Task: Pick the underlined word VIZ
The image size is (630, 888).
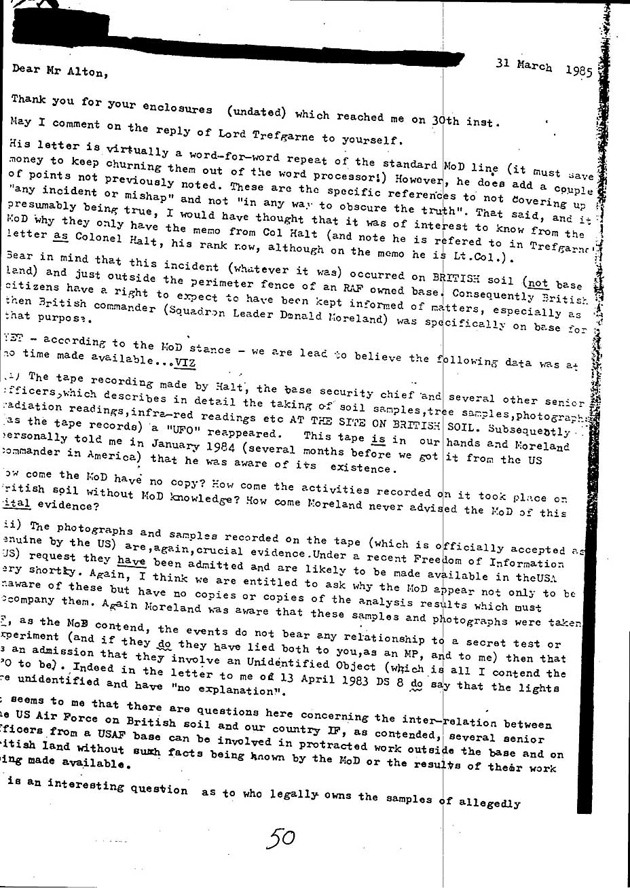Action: [183, 362]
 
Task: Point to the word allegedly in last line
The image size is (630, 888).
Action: [488, 802]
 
